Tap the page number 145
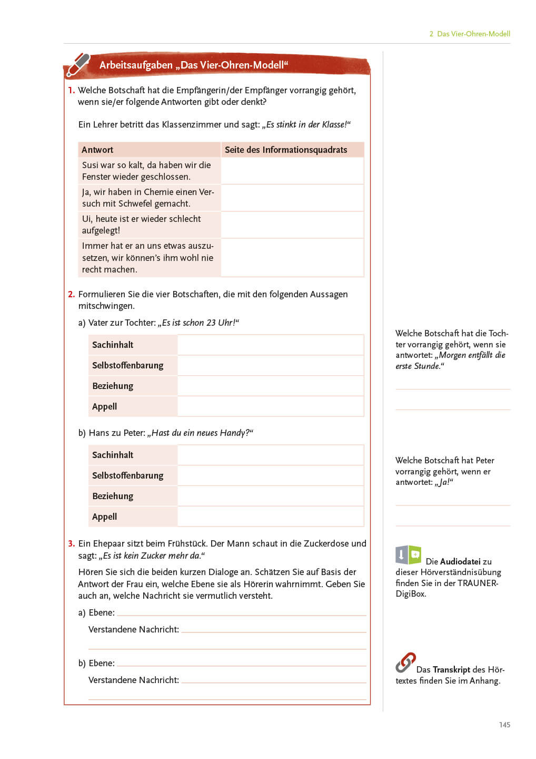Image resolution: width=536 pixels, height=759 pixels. (504, 725)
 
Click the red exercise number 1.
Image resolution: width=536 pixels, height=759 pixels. (71, 90)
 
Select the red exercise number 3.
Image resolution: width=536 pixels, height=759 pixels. (71, 543)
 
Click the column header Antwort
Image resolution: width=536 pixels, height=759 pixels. (97, 150)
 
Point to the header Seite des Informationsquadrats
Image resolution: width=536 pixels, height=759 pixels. (286, 150)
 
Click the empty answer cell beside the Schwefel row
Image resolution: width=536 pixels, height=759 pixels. (292, 198)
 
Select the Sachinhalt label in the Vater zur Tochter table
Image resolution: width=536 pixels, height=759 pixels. (113, 345)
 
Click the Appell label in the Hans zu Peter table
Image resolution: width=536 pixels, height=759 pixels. (104, 517)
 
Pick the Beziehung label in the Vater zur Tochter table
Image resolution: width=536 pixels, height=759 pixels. (113, 386)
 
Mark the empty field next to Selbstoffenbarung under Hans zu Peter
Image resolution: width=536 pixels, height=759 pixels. (270, 475)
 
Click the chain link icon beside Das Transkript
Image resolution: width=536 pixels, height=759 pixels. (405, 663)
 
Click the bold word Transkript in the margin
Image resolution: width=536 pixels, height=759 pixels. (451, 669)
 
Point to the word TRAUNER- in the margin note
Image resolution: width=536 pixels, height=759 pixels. (478, 583)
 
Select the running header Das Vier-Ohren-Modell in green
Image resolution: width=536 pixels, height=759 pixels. (473, 34)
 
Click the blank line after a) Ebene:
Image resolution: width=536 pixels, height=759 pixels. (242, 612)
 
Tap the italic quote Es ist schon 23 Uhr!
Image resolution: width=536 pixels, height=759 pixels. (200, 323)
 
